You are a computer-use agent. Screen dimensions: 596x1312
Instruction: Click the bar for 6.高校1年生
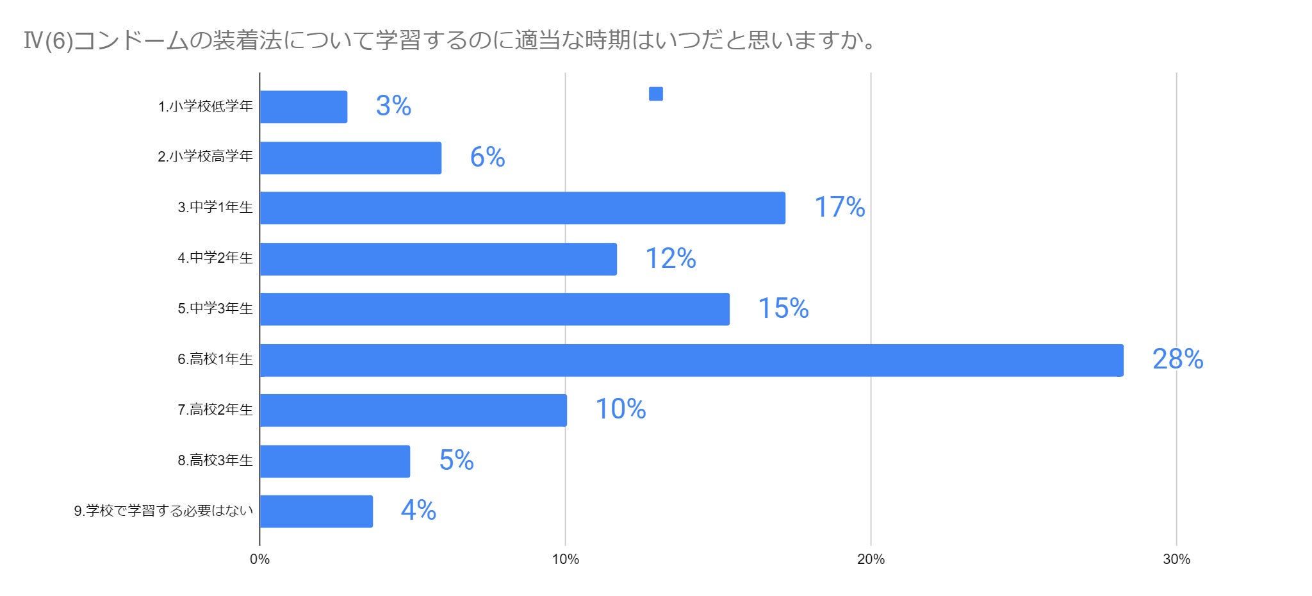[x=691, y=360]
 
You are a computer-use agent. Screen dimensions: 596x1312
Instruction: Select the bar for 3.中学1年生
[x=522, y=208]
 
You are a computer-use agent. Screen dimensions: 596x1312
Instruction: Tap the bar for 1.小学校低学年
[x=303, y=107]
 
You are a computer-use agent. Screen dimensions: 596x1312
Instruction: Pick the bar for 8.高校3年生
[x=334, y=461]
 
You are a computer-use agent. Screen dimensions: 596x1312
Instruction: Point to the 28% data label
[x=1177, y=360]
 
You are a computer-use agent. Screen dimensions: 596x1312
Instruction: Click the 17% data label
[x=839, y=208]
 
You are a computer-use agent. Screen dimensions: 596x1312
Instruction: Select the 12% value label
[x=670, y=259]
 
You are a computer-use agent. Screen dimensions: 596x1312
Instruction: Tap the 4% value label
[x=418, y=511]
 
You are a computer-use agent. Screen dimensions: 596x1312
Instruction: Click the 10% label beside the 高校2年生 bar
[x=620, y=410]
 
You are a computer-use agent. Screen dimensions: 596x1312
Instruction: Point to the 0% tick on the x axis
[x=259, y=559]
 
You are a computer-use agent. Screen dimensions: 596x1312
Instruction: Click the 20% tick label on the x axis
[x=871, y=559]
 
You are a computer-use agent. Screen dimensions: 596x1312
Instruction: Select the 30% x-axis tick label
[x=1176, y=559]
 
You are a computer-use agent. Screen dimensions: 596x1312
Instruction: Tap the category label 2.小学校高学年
[x=205, y=157]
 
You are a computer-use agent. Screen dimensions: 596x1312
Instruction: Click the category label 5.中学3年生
[x=215, y=309]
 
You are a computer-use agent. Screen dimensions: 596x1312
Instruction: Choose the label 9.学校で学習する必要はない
[x=163, y=511]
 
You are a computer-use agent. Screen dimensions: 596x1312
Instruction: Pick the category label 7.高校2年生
[x=215, y=410]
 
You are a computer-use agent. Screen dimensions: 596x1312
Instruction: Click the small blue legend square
[x=655, y=94]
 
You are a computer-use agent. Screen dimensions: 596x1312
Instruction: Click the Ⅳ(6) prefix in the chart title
[x=48, y=41]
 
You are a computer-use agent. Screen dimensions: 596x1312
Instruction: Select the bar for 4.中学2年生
[x=438, y=259]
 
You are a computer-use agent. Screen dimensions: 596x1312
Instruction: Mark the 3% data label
[x=393, y=106]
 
